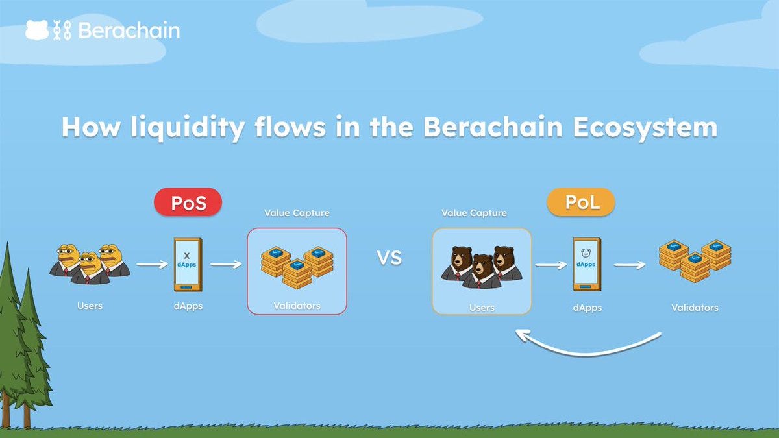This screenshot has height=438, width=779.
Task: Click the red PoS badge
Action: point(188,203)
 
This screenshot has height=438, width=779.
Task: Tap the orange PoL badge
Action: point(580,203)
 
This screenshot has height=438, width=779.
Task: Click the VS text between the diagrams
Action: point(389,258)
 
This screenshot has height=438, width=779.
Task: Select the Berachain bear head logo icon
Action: point(36,30)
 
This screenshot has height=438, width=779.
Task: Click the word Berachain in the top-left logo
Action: point(129,30)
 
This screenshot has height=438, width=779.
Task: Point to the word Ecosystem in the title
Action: point(645,127)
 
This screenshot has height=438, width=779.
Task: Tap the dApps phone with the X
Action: point(187,264)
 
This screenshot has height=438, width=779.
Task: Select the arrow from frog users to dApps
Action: point(152,264)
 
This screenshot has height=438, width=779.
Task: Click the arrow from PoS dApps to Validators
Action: point(225,264)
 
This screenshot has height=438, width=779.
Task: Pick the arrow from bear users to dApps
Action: point(550,265)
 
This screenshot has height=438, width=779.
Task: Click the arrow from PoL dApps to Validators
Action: point(629,265)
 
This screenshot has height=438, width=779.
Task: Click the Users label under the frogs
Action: point(90,306)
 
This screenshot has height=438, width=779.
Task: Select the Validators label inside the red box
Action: point(297,306)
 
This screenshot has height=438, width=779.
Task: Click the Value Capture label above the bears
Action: point(474,213)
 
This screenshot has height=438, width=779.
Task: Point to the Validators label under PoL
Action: point(695,308)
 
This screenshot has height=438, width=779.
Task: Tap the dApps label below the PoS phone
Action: point(187,306)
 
